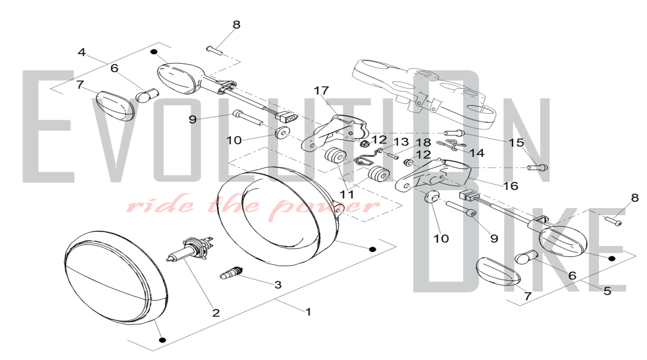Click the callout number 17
coord(321,91)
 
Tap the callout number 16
coord(511,186)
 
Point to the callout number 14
coord(477,153)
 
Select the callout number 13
coord(401,142)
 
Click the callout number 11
coord(347,194)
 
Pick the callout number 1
coord(308,312)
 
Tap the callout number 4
coord(82,52)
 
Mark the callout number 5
coord(607,291)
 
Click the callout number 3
coord(278,285)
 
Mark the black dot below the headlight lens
coord(163,340)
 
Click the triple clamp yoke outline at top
coord(424,92)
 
